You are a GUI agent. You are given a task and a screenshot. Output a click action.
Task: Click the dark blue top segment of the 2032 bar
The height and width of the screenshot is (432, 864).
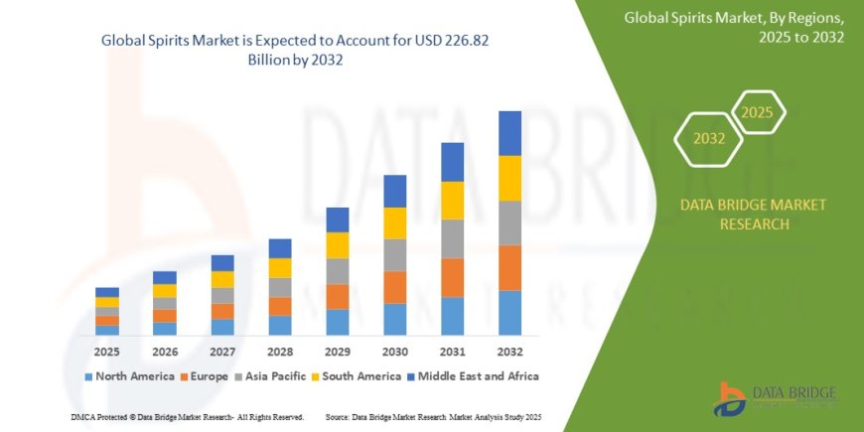(x=509, y=133)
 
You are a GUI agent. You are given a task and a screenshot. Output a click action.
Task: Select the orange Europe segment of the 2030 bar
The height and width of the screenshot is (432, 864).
(x=394, y=287)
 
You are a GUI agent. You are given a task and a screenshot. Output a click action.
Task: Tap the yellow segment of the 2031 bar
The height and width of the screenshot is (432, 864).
(x=452, y=201)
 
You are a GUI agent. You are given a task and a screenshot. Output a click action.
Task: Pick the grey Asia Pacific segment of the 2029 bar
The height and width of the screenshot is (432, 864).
(x=337, y=271)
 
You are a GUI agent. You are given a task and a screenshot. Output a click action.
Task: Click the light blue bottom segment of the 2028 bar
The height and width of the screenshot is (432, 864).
(x=280, y=325)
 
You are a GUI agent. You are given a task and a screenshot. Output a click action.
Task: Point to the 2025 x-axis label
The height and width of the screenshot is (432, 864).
(x=106, y=351)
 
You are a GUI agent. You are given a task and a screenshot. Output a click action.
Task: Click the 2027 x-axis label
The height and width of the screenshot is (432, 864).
(x=222, y=351)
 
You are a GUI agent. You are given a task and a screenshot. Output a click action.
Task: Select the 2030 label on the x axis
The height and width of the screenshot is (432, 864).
(x=394, y=351)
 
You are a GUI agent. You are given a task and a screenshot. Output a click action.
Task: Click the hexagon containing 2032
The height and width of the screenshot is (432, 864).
(x=708, y=139)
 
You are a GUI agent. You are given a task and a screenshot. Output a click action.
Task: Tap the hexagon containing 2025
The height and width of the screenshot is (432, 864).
(x=757, y=112)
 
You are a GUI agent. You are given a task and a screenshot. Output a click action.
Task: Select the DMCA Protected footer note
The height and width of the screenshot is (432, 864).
(x=188, y=416)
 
